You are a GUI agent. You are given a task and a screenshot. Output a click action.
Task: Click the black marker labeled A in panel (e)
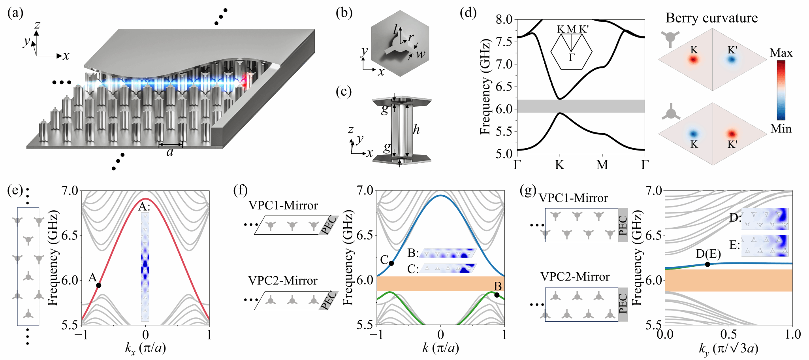point(99,285)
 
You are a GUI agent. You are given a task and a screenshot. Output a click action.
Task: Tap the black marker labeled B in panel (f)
point(497,295)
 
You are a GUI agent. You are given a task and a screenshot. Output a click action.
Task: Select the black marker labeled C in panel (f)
point(391,263)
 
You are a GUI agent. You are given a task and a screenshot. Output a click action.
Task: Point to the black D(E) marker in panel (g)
point(707,264)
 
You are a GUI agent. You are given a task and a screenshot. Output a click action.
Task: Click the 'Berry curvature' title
point(711,18)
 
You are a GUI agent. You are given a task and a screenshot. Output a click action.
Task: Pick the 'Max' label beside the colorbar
point(781,53)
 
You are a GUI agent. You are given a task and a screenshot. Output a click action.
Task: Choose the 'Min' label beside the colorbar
point(781,129)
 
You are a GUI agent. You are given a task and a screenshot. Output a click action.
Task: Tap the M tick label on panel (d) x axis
point(602,165)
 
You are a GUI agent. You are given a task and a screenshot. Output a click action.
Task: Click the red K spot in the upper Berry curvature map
point(694,60)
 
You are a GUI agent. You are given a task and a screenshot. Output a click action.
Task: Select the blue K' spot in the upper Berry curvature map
point(732,60)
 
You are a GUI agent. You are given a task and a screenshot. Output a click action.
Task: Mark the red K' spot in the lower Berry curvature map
point(732,134)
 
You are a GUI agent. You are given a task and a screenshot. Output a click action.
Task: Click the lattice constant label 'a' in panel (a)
point(170,152)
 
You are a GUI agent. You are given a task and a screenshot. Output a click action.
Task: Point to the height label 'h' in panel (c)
point(416,129)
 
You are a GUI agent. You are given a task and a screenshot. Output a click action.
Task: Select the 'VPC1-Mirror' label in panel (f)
point(283,205)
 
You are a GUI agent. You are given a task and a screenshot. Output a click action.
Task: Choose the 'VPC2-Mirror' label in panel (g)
point(575,277)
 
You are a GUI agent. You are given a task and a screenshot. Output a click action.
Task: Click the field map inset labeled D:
point(764,219)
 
